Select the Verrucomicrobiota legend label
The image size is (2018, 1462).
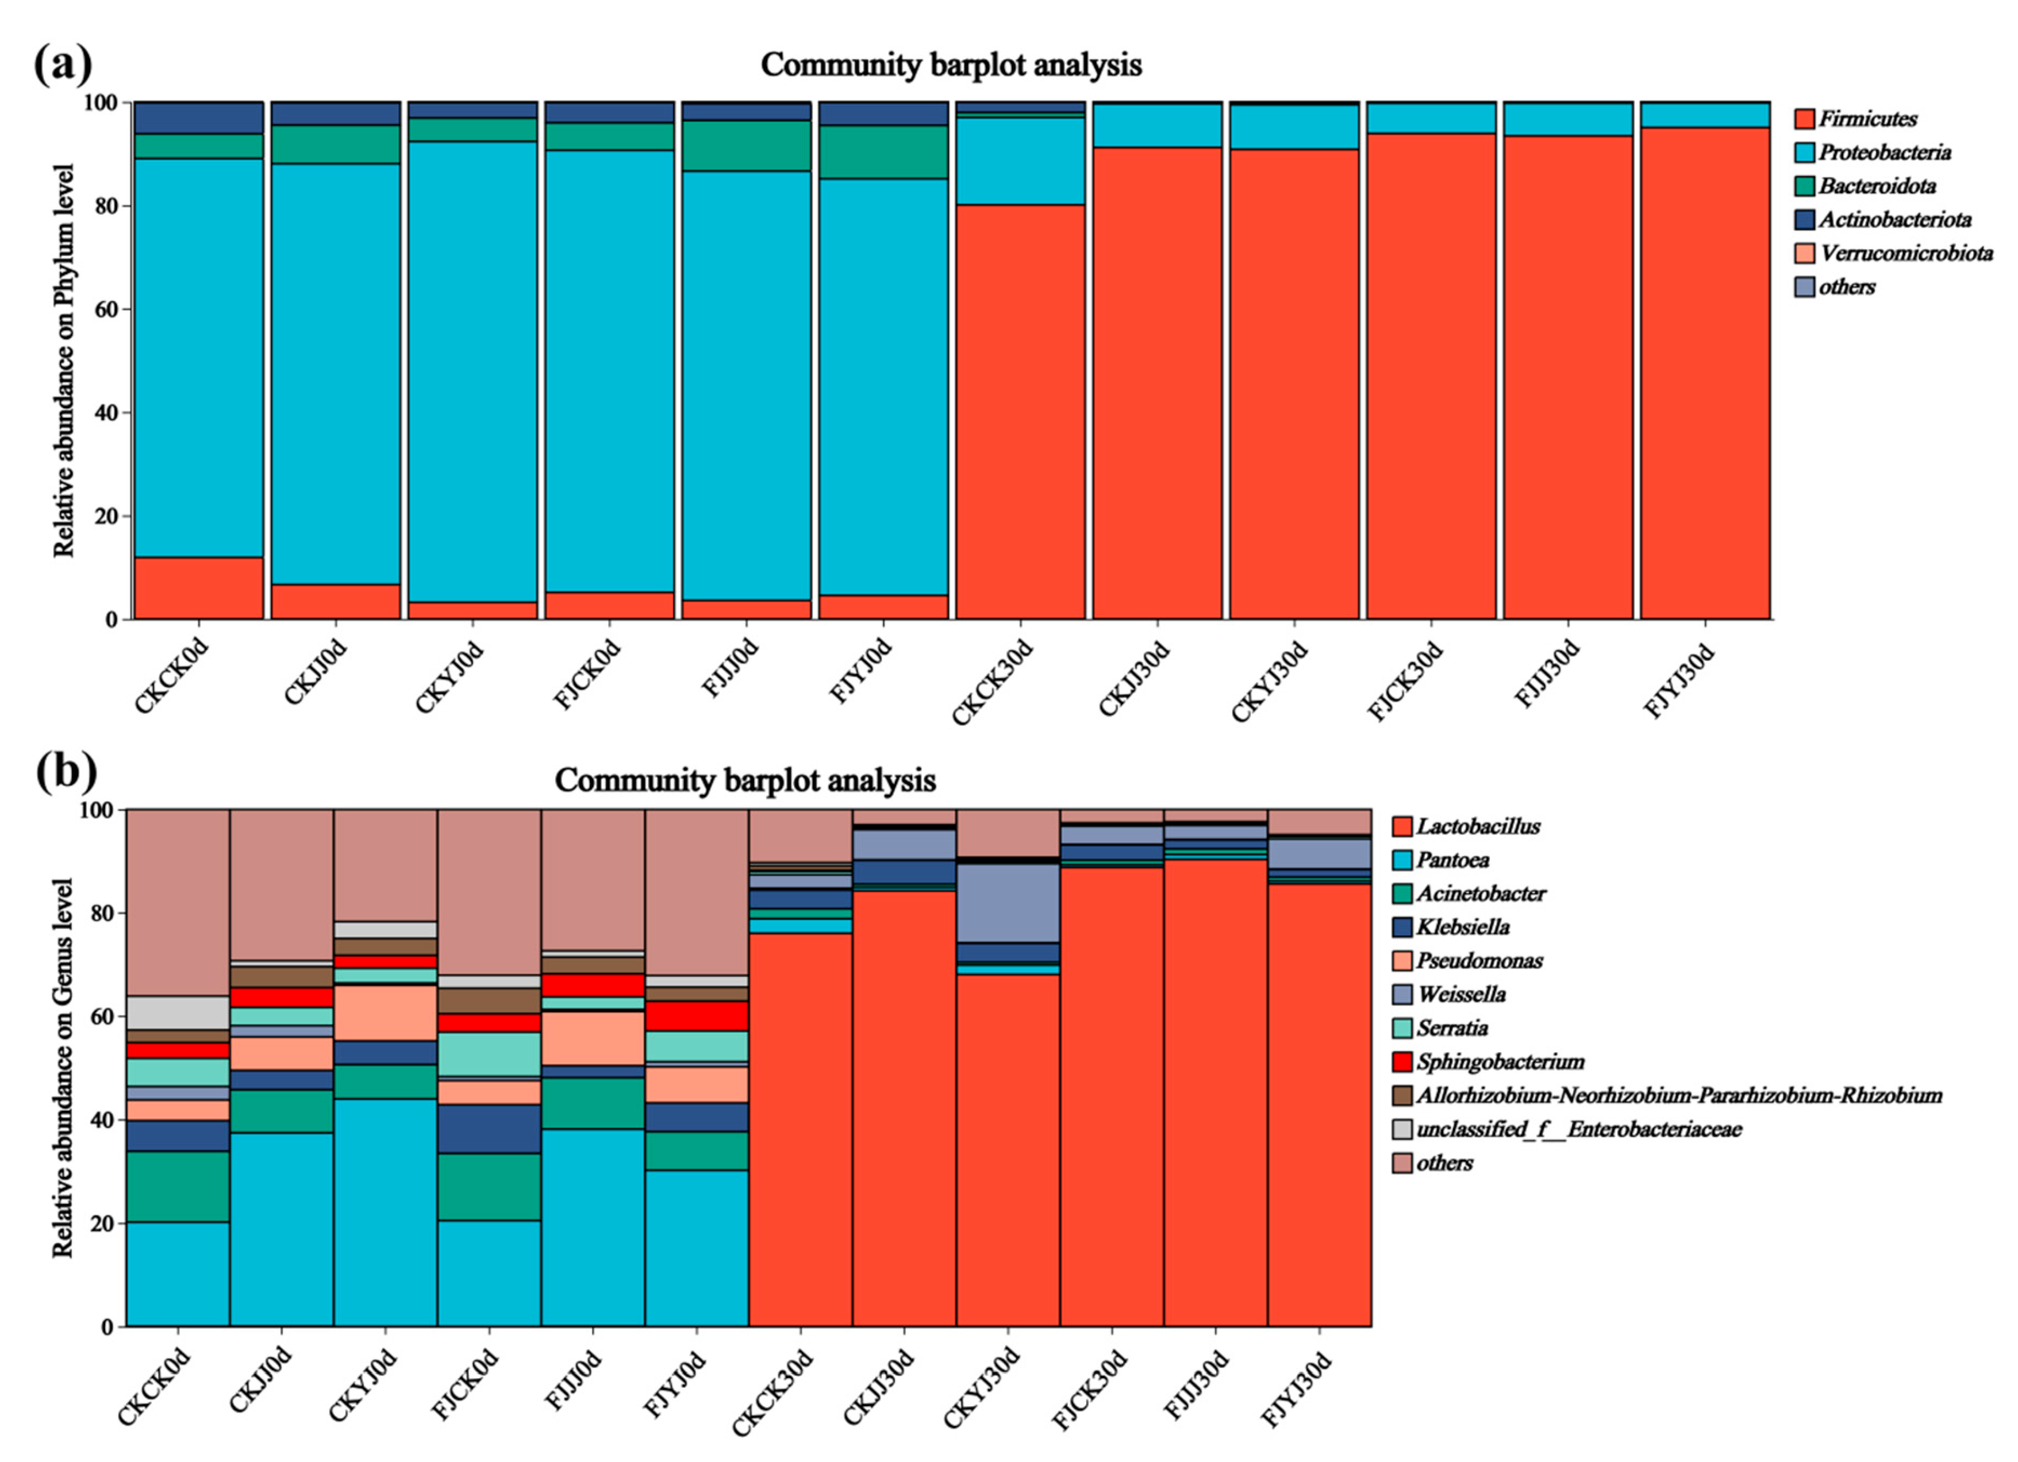click(1905, 253)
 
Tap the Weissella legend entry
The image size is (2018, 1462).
click(1460, 994)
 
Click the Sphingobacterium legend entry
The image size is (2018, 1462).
click(1499, 1061)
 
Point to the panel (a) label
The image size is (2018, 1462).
click(62, 64)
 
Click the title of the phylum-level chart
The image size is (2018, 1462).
click(950, 65)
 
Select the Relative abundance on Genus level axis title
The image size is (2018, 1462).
click(62, 1068)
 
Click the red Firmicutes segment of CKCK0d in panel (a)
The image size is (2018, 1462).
click(198, 588)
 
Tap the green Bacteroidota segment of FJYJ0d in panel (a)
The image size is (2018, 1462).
click(883, 152)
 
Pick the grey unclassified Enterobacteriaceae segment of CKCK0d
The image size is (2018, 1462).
click(178, 1013)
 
